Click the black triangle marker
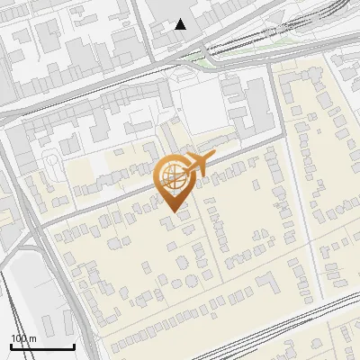pyautogui.click(x=182, y=24)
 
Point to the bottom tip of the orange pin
pyautogui.click(x=173, y=212)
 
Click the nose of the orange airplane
pyautogui.click(x=213, y=157)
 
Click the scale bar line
pyautogui.click(x=42, y=346)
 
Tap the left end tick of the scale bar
pyautogui.click(x=11, y=345)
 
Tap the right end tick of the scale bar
pyautogui.click(x=74, y=345)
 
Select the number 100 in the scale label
pyautogui.click(x=19, y=337)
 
